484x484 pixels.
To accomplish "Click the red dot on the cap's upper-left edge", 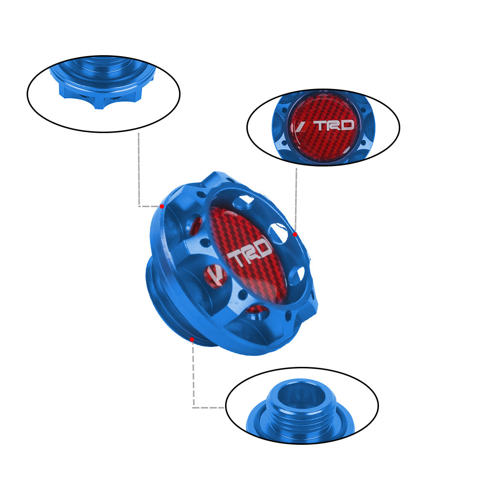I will coord(162,206).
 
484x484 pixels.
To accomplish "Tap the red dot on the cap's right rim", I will coord(295,234).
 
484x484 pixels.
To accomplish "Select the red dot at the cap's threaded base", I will coord(192,339).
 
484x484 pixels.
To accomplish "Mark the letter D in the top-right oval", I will coord(348,125).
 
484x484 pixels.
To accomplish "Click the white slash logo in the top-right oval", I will coord(300,126).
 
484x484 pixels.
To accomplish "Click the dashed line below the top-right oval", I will coord(296,198).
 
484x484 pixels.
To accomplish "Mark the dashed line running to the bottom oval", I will coord(194,378).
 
